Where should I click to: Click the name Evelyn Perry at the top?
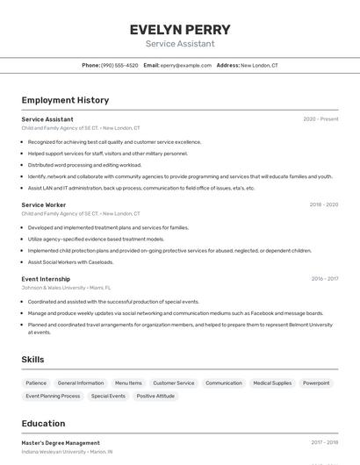(x=180, y=29)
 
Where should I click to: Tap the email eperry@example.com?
(x=186, y=65)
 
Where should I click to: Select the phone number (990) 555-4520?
(x=119, y=65)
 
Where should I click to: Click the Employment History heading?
(x=65, y=100)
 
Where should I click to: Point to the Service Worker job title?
(x=44, y=204)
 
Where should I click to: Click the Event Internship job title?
(x=46, y=279)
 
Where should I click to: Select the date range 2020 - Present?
(x=320, y=119)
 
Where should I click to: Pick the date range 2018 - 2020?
(x=323, y=204)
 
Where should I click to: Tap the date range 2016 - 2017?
(x=324, y=279)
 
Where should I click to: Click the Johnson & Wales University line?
(x=66, y=287)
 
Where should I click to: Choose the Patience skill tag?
(x=36, y=383)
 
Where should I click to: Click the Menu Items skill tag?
(x=128, y=383)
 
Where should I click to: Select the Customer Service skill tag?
(x=174, y=383)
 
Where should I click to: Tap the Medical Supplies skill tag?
(x=272, y=383)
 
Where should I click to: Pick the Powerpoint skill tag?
(x=316, y=383)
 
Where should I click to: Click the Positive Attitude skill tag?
(x=155, y=396)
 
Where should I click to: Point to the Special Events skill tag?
(x=108, y=396)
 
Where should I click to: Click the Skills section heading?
(x=33, y=360)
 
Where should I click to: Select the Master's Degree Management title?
(x=61, y=443)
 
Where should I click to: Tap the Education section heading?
(x=43, y=423)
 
